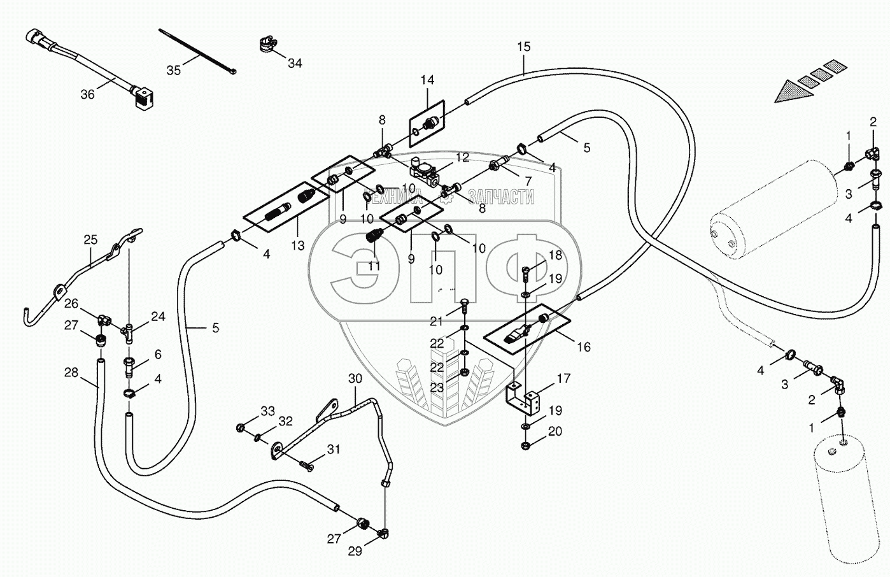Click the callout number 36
point(87,95)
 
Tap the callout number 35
point(173,70)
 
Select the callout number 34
point(295,63)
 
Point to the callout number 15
point(524,47)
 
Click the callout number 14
point(428,80)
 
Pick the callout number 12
point(462,157)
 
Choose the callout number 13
point(297,246)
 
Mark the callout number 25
point(90,239)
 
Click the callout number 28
point(71,373)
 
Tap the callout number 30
point(355,379)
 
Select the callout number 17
point(563,378)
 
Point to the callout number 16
point(584,347)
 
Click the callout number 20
point(555,431)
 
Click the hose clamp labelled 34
point(269,45)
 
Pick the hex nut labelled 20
point(526,446)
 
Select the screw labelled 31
point(307,465)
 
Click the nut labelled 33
point(239,427)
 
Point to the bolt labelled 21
point(465,312)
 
